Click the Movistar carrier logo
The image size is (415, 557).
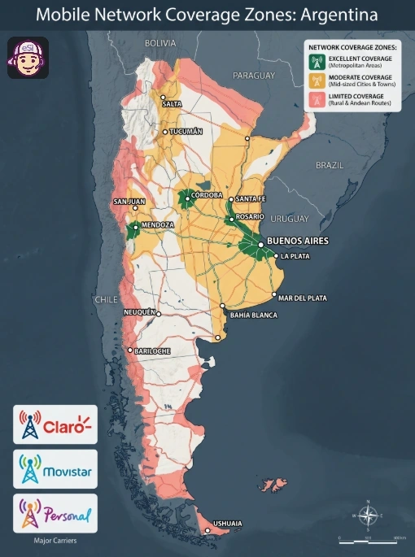pos(55,469)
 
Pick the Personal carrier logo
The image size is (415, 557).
pos(55,513)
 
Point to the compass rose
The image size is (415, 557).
pos(368,515)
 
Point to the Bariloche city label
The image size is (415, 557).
pos(153,350)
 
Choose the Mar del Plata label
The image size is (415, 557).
pos(303,298)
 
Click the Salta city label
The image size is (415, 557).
pos(172,104)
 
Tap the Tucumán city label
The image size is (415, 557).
pos(185,131)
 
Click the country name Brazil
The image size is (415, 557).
pos(330,164)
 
